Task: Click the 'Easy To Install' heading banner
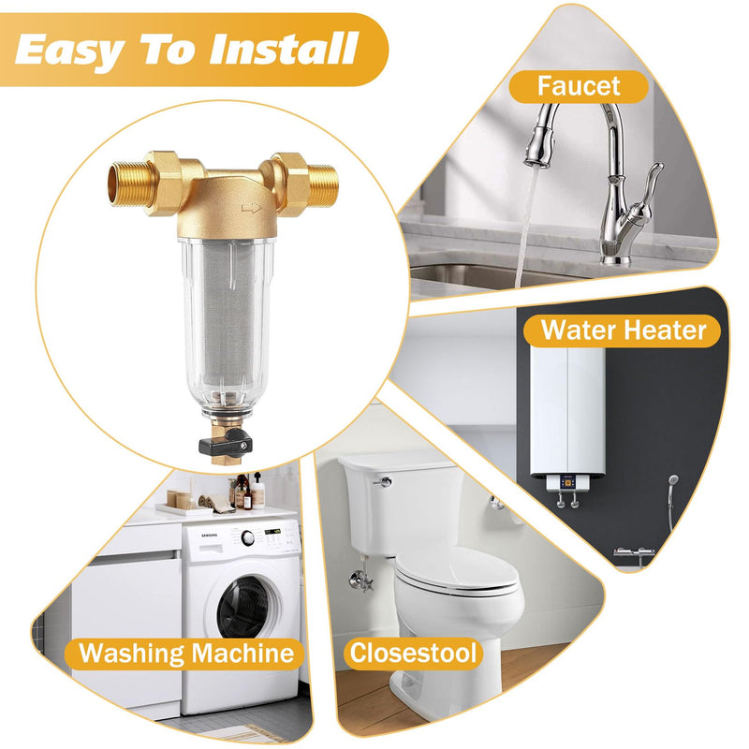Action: tap(187, 49)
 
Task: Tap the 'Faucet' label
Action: tap(578, 86)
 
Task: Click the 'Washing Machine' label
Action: tap(186, 653)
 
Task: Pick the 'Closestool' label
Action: tap(413, 653)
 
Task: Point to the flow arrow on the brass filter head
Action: tap(250, 207)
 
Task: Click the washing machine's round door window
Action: tap(246, 606)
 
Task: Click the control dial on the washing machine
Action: tap(247, 537)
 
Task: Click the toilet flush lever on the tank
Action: tap(383, 481)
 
